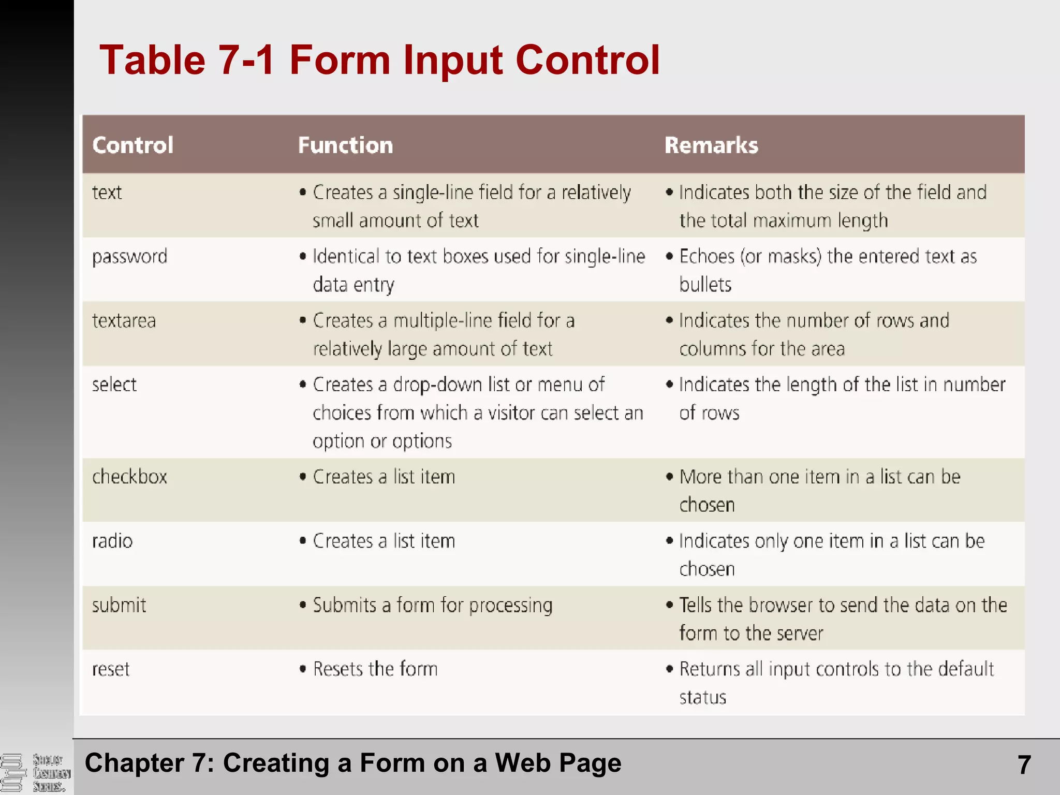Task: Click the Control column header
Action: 132,145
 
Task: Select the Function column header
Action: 345,145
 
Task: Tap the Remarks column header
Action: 711,145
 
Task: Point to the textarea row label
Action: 124,321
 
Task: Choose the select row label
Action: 114,385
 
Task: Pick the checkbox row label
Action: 130,477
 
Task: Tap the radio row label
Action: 112,541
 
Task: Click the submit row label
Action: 119,606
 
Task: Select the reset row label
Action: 111,670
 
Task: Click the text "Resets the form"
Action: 375,669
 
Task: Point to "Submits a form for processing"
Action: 433,606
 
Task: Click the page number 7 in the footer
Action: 1024,764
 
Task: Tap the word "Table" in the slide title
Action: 152,60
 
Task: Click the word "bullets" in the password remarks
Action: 705,285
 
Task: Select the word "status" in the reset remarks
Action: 702,698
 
